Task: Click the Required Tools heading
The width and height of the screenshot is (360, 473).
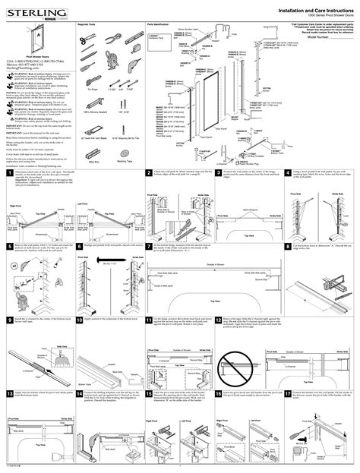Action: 89,25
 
